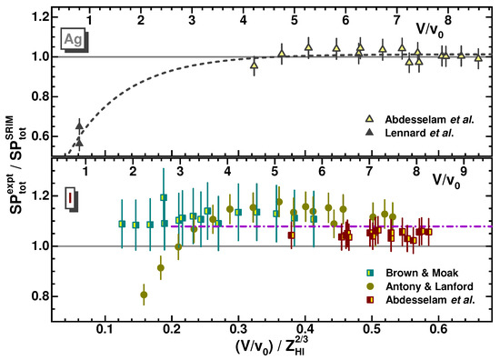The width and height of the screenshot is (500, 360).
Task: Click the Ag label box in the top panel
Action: pos(74,39)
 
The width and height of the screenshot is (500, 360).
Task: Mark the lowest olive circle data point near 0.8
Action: pos(144,295)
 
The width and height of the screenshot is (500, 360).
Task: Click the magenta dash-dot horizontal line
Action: pos(364,225)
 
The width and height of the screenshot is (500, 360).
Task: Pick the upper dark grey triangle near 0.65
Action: pos(79,126)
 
